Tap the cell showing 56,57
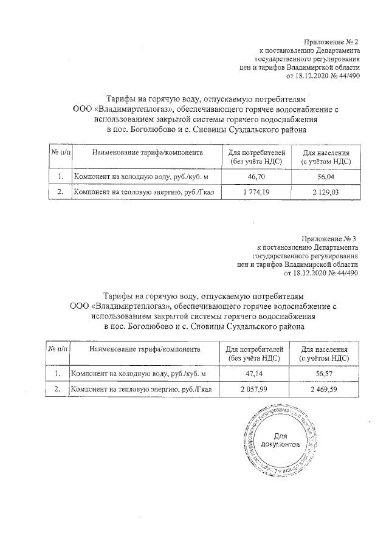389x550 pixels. (324, 374)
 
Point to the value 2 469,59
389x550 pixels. (324, 390)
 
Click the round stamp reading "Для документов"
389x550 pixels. (280, 441)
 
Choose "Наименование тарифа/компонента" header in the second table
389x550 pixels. (144, 350)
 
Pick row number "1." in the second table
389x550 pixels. (58, 374)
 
